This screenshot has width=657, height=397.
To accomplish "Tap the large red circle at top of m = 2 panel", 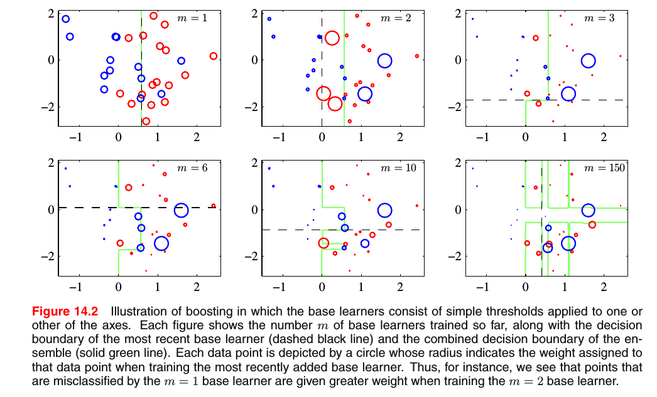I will (332, 38).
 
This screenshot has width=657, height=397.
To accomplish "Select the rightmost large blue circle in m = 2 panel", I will (384, 60).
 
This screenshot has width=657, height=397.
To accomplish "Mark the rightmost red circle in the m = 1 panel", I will (213, 56).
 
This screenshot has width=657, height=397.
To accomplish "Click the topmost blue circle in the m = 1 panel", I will (65, 19).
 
